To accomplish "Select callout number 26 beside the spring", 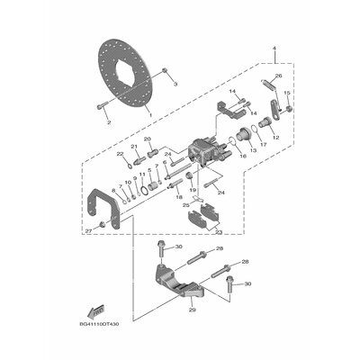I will point(277,76).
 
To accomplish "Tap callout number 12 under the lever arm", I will point(275,136).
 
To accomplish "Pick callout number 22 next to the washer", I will point(119,155).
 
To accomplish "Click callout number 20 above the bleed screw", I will point(149,139).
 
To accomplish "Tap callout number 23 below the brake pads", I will point(218,231).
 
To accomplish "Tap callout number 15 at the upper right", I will point(287,94).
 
